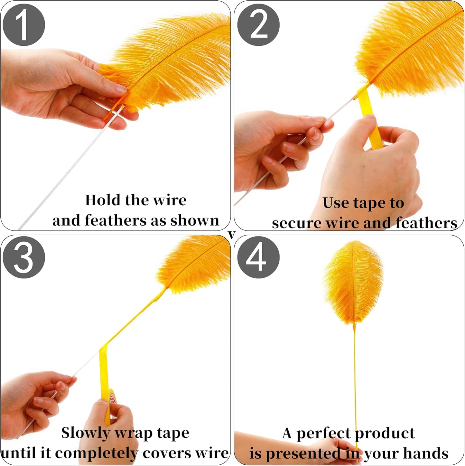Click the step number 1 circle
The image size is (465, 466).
click(x=23, y=25)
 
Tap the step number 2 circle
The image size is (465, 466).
click(x=258, y=25)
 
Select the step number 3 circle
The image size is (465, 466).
click(x=23, y=257)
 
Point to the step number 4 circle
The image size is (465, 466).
click(x=258, y=257)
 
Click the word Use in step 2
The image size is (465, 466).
click(x=336, y=203)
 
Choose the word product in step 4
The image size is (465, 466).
click(x=385, y=434)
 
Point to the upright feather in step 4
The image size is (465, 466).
click(x=353, y=282)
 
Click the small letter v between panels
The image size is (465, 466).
click(x=232, y=235)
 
